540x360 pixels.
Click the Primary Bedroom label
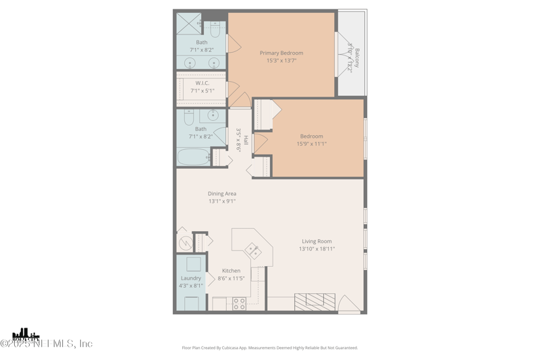click(x=281, y=53)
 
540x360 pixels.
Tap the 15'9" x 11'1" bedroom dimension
click(x=312, y=144)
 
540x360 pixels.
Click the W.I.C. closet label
click(x=202, y=83)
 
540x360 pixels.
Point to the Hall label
click(x=246, y=140)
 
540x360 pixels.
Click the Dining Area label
click(x=222, y=194)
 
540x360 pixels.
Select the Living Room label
click(x=317, y=241)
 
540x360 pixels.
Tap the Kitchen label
click(x=231, y=271)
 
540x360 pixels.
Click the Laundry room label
click(x=191, y=278)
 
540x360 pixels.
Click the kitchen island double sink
click(x=254, y=251)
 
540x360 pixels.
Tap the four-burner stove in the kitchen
click(x=239, y=304)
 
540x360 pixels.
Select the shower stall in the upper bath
click(x=188, y=24)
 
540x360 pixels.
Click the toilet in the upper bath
click(x=215, y=29)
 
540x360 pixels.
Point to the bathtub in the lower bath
click(x=194, y=157)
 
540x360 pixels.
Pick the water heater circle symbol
click(x=186, y=242)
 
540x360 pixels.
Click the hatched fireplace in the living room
click(x=315, y=301)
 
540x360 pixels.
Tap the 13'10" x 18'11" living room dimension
click(x=317, y=249)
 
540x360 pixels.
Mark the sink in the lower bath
click(x=213, y=115)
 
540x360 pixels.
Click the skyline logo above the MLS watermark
click(x=26, y=334)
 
